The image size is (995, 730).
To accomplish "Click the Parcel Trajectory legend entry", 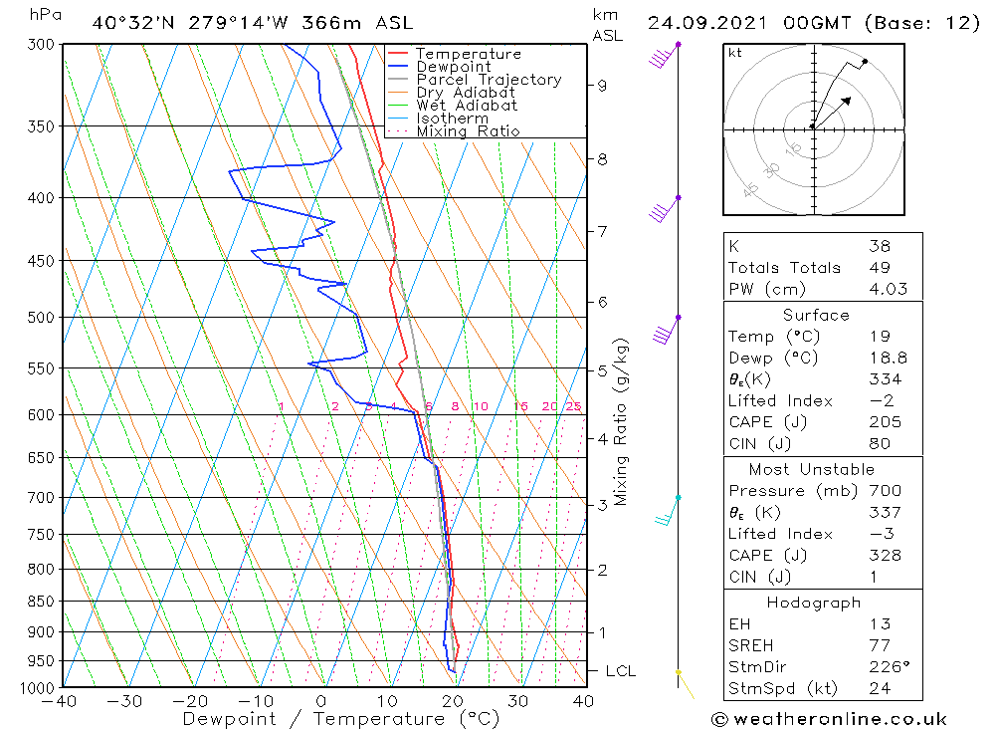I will tap(489, 80).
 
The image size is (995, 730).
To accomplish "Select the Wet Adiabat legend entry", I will tap(467, 106).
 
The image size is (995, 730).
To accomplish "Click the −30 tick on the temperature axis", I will tap(125, 701).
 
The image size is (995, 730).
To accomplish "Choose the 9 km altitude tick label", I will tap(602, 86).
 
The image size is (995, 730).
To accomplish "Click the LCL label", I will tap(620, 672).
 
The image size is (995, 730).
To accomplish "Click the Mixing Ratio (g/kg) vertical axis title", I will tap(622, 422).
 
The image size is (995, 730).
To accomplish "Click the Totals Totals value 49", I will tap(879, 268).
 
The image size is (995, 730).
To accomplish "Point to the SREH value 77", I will tap(879, 646).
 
